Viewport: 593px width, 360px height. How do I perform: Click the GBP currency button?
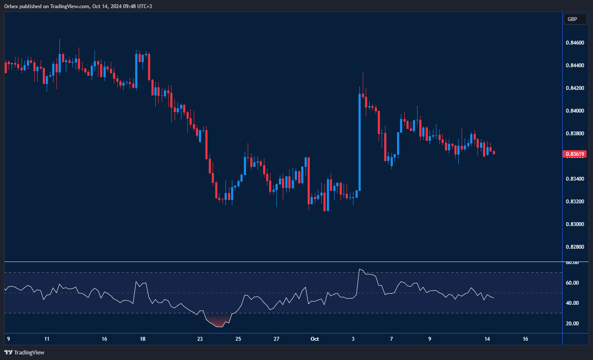(x=572, y=19)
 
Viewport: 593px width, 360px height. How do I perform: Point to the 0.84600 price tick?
(x=574, y=43)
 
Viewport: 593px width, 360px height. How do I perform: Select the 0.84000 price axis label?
(x=574, y=111)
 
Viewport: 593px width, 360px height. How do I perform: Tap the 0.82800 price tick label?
(x=574, y=247)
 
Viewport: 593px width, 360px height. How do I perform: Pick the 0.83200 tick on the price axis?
(x=574, y=202)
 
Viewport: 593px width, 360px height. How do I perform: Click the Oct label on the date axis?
(x=315, y=339)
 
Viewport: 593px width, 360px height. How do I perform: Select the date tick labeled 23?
(x=200, y=339)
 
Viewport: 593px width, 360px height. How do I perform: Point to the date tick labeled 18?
(x=142, y=339)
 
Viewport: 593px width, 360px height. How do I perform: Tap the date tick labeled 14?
(x=487, y=339)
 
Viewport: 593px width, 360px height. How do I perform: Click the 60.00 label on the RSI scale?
(x=572, y=283)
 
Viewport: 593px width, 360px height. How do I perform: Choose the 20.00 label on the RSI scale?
(x=572, y=324)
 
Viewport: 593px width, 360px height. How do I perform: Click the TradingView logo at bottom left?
(x=24, y=352)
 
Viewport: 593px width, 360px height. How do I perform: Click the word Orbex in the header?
(x=11, y=6)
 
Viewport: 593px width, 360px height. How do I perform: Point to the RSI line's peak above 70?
(x=360, y=270)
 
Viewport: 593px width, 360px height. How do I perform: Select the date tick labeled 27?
(x=276, y=339)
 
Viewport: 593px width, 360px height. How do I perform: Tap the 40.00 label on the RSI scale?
(x=572, y=303)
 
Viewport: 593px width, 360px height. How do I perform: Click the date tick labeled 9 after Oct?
(x=430, y=339)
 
